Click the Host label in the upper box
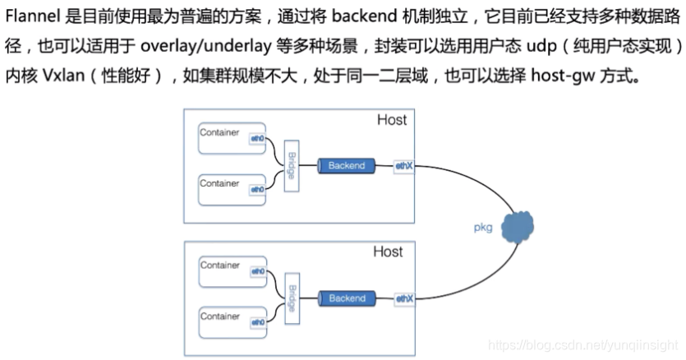click(x=391, y=121)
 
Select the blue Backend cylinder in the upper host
click(x=346, y=166)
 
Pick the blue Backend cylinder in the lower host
click(x=346, y=299)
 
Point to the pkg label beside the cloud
click(x=482, y=228)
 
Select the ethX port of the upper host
click(x=403, y=166)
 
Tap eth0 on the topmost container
click(x=257, y=139)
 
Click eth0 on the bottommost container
click(x=257, y=323)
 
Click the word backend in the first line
click(x=362, y=17)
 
